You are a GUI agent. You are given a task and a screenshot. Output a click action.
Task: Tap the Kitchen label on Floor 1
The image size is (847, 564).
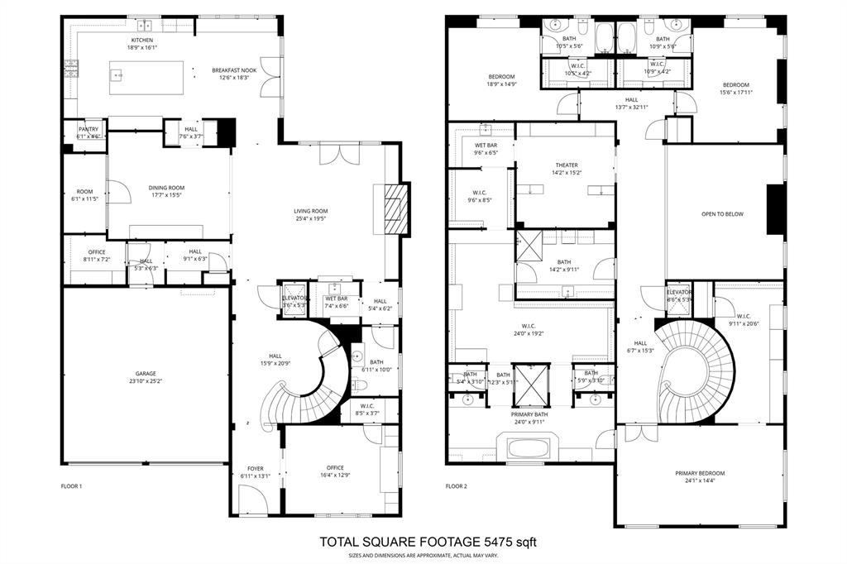[x=142, y=40]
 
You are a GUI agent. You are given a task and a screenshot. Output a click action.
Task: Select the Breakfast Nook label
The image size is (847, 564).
[x=234, y=70]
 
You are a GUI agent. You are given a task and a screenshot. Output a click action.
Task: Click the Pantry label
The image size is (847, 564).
[x=89, y=129]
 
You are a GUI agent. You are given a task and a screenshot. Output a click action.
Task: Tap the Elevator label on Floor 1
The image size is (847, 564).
[x=294, y=298]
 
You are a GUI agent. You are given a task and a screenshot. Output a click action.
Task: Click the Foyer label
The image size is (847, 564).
[x=256, y=468]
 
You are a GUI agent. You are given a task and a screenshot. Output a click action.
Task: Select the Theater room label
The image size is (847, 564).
[x=567, y=165]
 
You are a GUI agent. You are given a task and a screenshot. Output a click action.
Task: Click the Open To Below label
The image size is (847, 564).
[x=722, y=214]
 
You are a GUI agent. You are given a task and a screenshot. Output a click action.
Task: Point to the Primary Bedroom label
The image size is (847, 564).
[x=700, y=473]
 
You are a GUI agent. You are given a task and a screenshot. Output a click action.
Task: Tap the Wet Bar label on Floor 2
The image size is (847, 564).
[x=486, y=145]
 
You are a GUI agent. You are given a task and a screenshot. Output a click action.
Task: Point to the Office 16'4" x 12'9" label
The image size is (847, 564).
[x=334, y=468]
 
